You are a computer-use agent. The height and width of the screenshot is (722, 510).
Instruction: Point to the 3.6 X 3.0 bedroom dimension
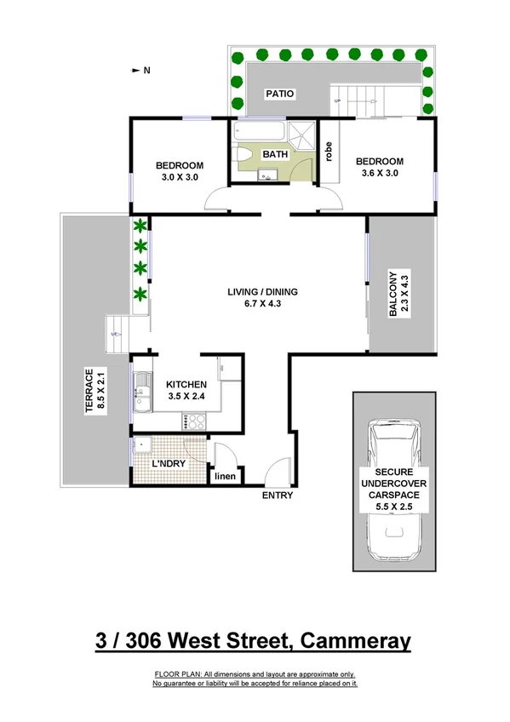[x=378, y=173]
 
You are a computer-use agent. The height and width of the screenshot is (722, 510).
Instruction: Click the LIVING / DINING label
[x=261, y=293]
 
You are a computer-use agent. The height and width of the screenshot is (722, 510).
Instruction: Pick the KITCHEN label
[x=187, y=384]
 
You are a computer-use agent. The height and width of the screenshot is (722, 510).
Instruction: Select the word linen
[x=224, y=476]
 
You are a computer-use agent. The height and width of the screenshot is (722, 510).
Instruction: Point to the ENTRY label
[x=278, y=495]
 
